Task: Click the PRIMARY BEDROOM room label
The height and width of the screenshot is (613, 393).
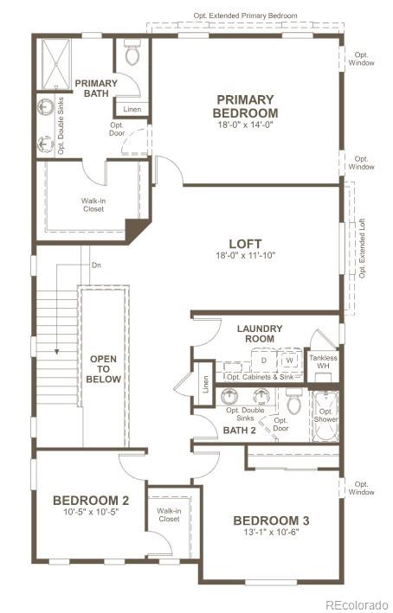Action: pos(247,106)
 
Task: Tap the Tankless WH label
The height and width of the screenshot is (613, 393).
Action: pos(324,361)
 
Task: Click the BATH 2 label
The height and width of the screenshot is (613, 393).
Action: pos(239,430)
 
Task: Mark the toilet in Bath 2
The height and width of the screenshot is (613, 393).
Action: pos(293,402)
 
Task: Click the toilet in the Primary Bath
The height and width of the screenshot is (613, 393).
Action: pos(132,54)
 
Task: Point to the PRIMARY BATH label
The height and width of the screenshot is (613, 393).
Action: pos(96,88)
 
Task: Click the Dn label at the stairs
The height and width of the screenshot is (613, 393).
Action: pos(97,266)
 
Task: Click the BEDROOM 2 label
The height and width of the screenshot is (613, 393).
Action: pos(91,500)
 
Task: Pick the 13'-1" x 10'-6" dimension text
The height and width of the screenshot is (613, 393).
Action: pos(271,533)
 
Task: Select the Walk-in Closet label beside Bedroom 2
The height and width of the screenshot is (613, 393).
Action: pos(169,514)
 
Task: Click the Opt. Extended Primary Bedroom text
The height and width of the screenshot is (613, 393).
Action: pos(245,16)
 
